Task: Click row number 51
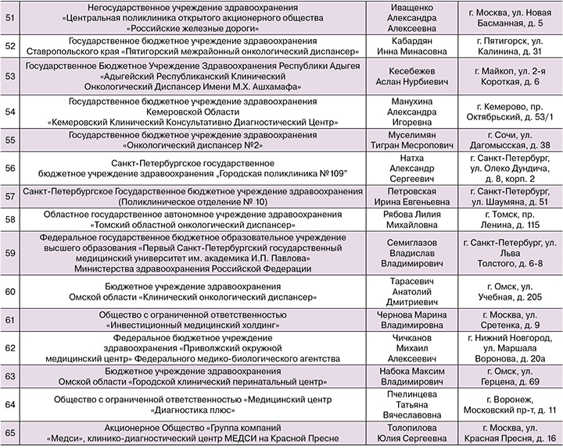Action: click(9, 18)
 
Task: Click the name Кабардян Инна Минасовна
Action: click(422, 46)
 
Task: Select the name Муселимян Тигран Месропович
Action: click(422, 140)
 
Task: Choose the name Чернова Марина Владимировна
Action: click(422, 320)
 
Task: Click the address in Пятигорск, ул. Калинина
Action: click(515, 46)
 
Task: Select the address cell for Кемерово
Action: click(515, 110)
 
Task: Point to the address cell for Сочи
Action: click(515, 140)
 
